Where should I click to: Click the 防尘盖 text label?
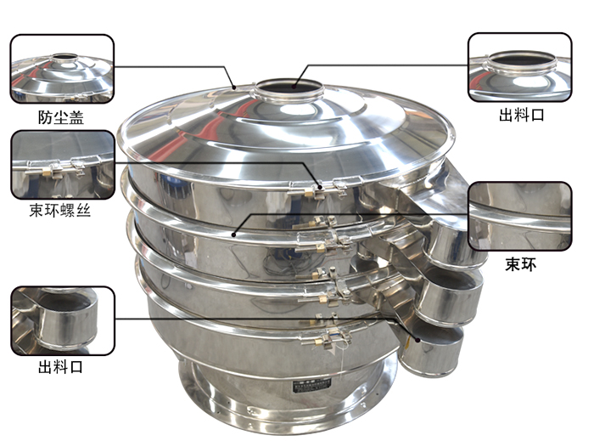[x=61, y=117]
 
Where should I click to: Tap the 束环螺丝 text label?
[x=60, y=210]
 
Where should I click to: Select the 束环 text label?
[x=521, y=264]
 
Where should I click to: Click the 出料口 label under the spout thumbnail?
[x=60, y=367]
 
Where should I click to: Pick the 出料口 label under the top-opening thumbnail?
[x=522, y=115]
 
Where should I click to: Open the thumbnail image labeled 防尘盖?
[x=62, y=69]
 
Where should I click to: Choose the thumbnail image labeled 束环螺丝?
[x=63, y=165]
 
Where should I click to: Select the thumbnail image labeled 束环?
[x=520, y=216]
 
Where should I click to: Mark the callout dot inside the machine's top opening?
[x=294, y=87]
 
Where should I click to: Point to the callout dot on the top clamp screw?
[x=320, y=187]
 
